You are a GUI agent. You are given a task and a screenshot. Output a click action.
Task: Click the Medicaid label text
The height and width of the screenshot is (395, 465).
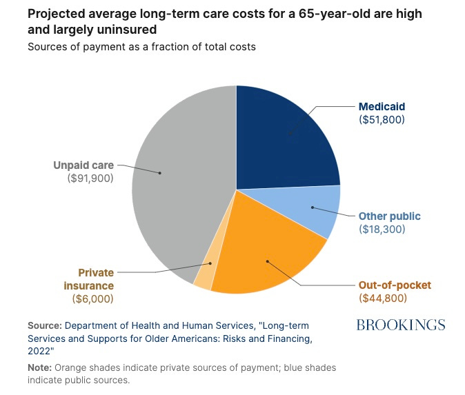click(382, 107)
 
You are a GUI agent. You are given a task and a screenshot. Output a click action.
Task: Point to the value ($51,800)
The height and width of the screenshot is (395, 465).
click(382, 119)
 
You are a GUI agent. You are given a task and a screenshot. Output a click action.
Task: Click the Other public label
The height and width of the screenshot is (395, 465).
click(390, 216)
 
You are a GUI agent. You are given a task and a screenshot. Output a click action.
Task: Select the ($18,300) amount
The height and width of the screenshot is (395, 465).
click(382, 229)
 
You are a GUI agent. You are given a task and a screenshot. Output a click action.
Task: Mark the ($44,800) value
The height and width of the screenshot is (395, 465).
click(383, 298)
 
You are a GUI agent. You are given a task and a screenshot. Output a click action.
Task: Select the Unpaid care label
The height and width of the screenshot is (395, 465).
click(83, 165)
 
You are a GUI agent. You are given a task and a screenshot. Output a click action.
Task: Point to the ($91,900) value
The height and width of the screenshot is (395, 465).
click(88, 178)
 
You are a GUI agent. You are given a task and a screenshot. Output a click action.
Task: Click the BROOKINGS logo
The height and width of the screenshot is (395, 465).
click(400, 325)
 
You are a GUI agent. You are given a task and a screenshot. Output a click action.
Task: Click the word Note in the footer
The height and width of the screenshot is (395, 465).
click(39, 367)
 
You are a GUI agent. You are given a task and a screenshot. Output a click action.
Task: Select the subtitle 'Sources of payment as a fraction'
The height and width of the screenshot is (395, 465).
click(107, 48)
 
